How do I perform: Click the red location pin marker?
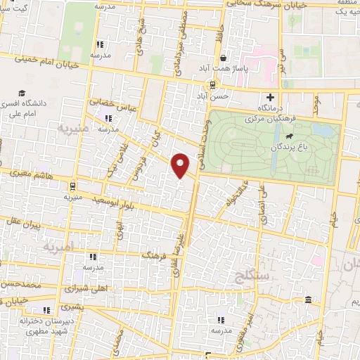click(181, 165)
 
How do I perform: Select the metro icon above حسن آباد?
click(213, 84)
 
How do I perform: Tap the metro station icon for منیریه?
click(72, 186)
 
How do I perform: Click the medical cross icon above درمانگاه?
click(270, 97)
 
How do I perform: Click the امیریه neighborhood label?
click(58, 248)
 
